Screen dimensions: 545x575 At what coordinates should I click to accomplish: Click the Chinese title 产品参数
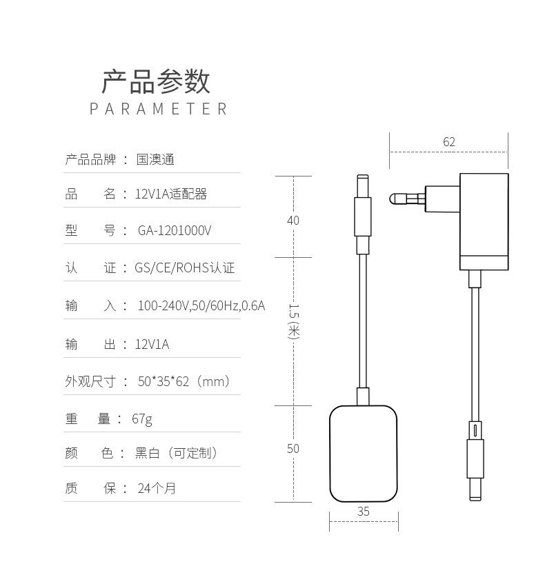[x=156, y=81]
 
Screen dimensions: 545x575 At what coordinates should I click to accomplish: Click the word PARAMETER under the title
[x=158, y=109]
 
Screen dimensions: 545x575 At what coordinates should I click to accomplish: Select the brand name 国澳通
[x=155, y=159]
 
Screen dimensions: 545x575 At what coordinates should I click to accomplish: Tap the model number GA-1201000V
[x=175, y=230]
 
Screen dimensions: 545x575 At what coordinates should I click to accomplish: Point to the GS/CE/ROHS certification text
[x=184, y=268]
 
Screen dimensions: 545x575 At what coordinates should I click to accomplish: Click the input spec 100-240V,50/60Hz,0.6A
[x=201, y=305]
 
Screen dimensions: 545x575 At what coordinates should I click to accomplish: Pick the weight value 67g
[x=142, y=418]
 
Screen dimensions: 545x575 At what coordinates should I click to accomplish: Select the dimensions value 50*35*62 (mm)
[x=184, y=381]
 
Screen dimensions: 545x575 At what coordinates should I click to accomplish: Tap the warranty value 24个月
[x=157, y=488]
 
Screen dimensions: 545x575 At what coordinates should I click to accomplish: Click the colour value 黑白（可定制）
[x=176, y=453]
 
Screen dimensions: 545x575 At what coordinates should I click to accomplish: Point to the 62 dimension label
[x=449, y=141]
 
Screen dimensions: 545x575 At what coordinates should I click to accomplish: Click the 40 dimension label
[x=293, y=221]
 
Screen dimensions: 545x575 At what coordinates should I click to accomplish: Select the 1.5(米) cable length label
[x=294, y=321]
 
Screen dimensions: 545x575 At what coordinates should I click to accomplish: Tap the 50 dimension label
[x=293, y=448]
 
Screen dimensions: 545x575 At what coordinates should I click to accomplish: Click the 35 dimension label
[x=364, y=511]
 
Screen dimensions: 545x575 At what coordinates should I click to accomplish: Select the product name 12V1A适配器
[x=170, y=194]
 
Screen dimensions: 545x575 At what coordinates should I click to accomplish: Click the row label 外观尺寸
[x=90, y=381]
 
